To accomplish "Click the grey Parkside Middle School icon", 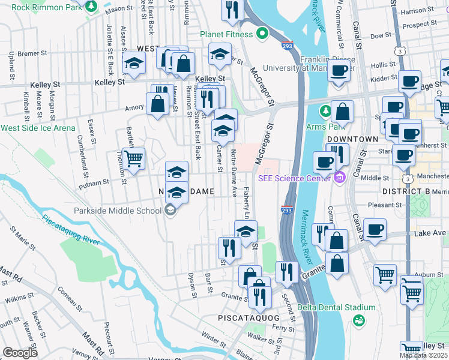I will pos(170,210).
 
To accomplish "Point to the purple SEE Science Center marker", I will pos(340,178).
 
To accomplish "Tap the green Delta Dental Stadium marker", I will pos(358,320).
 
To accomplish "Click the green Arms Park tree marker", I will pos(325,111).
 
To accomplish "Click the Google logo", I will pos(20,353).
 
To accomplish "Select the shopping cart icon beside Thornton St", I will pos(133,159).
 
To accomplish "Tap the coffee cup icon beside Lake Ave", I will pos(375,230).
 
